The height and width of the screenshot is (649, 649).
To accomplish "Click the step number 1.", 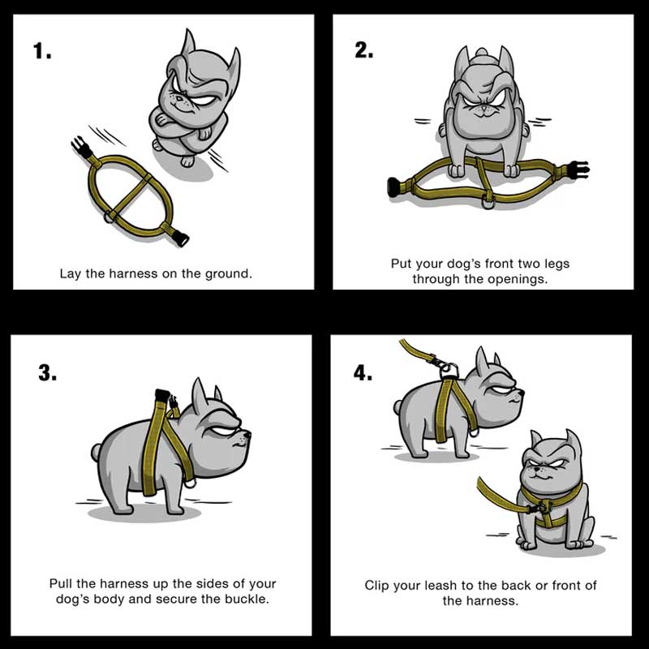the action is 42,51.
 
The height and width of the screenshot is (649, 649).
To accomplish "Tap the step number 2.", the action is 363,50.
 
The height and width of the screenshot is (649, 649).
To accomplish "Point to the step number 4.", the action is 363,373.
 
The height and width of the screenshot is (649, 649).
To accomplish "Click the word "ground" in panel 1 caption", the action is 229,274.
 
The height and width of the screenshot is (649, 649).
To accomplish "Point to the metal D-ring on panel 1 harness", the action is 110,216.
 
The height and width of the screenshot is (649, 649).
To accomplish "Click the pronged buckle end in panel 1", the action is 81,148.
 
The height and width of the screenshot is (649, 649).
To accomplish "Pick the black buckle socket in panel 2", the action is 395,187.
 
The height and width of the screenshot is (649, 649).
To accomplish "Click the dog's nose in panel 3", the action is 247,435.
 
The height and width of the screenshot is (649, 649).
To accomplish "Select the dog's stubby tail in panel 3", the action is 97,452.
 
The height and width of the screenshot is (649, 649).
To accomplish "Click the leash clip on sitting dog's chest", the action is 540,506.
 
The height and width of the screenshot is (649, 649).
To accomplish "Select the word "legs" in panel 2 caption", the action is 557,264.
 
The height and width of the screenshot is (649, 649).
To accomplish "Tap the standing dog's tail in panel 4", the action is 398,407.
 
